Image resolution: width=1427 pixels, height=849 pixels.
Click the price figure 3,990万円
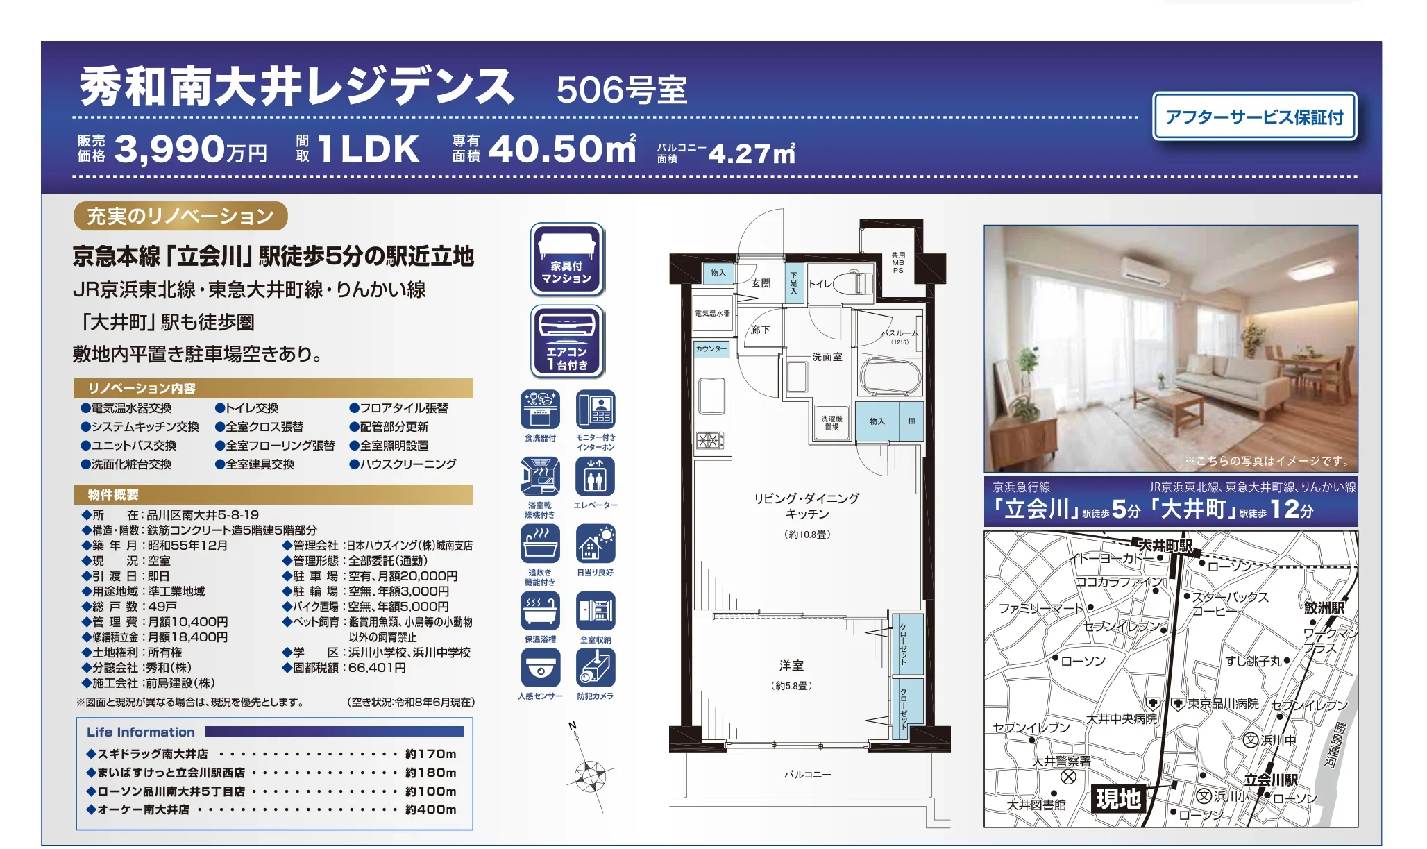pos(190,149)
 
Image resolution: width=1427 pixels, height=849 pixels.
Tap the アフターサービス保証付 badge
pos(1254,117)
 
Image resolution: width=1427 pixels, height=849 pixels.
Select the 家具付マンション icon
pos(566,259)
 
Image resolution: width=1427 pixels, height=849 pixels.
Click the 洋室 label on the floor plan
pos(791,665)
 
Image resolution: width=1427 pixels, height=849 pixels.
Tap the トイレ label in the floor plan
pos(820,283)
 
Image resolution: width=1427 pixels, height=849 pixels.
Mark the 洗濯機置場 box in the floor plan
pos(831,423)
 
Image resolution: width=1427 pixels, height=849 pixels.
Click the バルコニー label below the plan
pos(807,774)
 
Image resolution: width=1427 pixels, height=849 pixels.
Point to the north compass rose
pos(589,773)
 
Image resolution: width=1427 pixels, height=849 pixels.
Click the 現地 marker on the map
pos(1117,799)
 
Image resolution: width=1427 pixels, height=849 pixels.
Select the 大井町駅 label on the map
pos(1165,546)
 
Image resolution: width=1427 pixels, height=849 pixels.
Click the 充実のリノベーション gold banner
pos(180,216)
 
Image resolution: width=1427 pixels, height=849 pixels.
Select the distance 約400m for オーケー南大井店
pos(430,809)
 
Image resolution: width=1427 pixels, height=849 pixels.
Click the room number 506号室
pos(622,90)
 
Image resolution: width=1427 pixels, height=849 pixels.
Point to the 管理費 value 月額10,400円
pos(187,622)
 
